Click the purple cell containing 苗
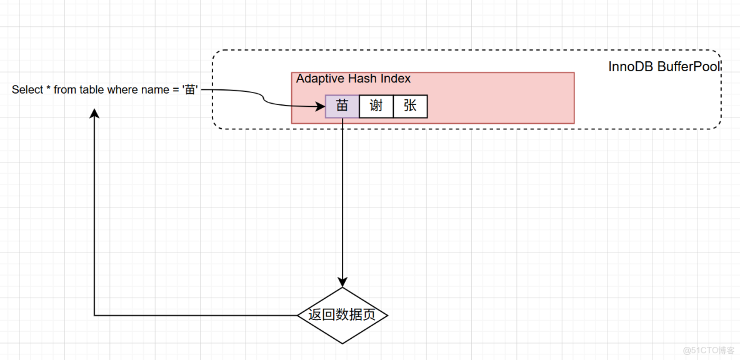point(342,106)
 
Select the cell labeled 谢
point(376,106)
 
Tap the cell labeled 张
point(410,106)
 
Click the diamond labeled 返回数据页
point(342,315)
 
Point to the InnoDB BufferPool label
point(664,67)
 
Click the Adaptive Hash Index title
point(353,79)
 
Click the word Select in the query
point(27,90)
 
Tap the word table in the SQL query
point(92,90)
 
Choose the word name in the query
point(155,90)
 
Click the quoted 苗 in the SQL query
point(190,90)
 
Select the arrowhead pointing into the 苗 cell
point(321,106)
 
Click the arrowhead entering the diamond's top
point(342,282)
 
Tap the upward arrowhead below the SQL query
point(94,113)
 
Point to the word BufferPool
point(689,67)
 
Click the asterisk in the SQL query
point(49,90)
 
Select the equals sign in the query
point(175,90)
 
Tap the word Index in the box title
point(396,79)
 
